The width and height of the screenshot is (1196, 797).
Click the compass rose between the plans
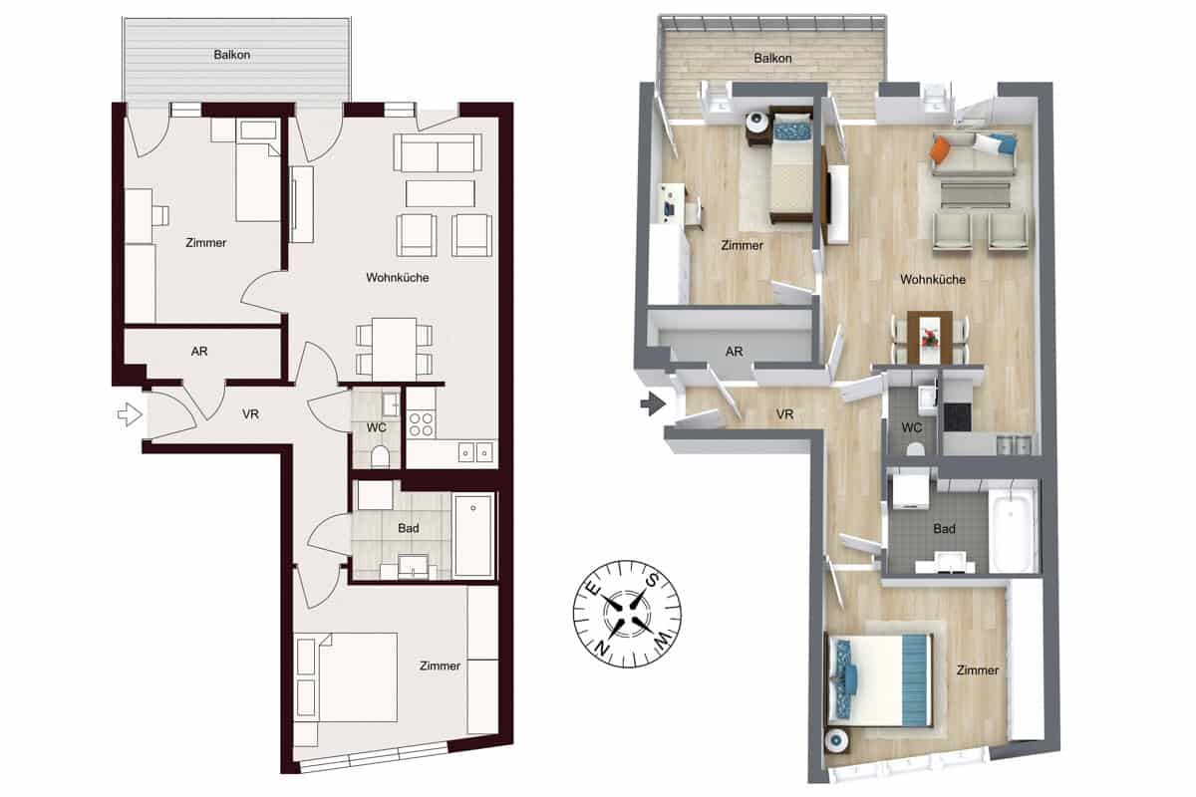pyautogui.click(x=626, y=609)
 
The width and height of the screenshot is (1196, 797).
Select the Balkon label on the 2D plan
pyautogui.click(x=231, y=55)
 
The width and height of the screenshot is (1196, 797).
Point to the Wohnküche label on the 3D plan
pyautogui.click(x=932, y=280)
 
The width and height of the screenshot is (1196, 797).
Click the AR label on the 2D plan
pyautogui.click(x=199, y=352)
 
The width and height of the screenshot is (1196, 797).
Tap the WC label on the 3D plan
pyautogui.click(x=911, y=427)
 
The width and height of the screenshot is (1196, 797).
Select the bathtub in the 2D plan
pyautogui.click(x=473, y=535)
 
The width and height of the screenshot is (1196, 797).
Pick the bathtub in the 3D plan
pyautogui.click(x=1012, y=528)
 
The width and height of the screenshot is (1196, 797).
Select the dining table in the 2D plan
pyautogui.click(x=395, y=348)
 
